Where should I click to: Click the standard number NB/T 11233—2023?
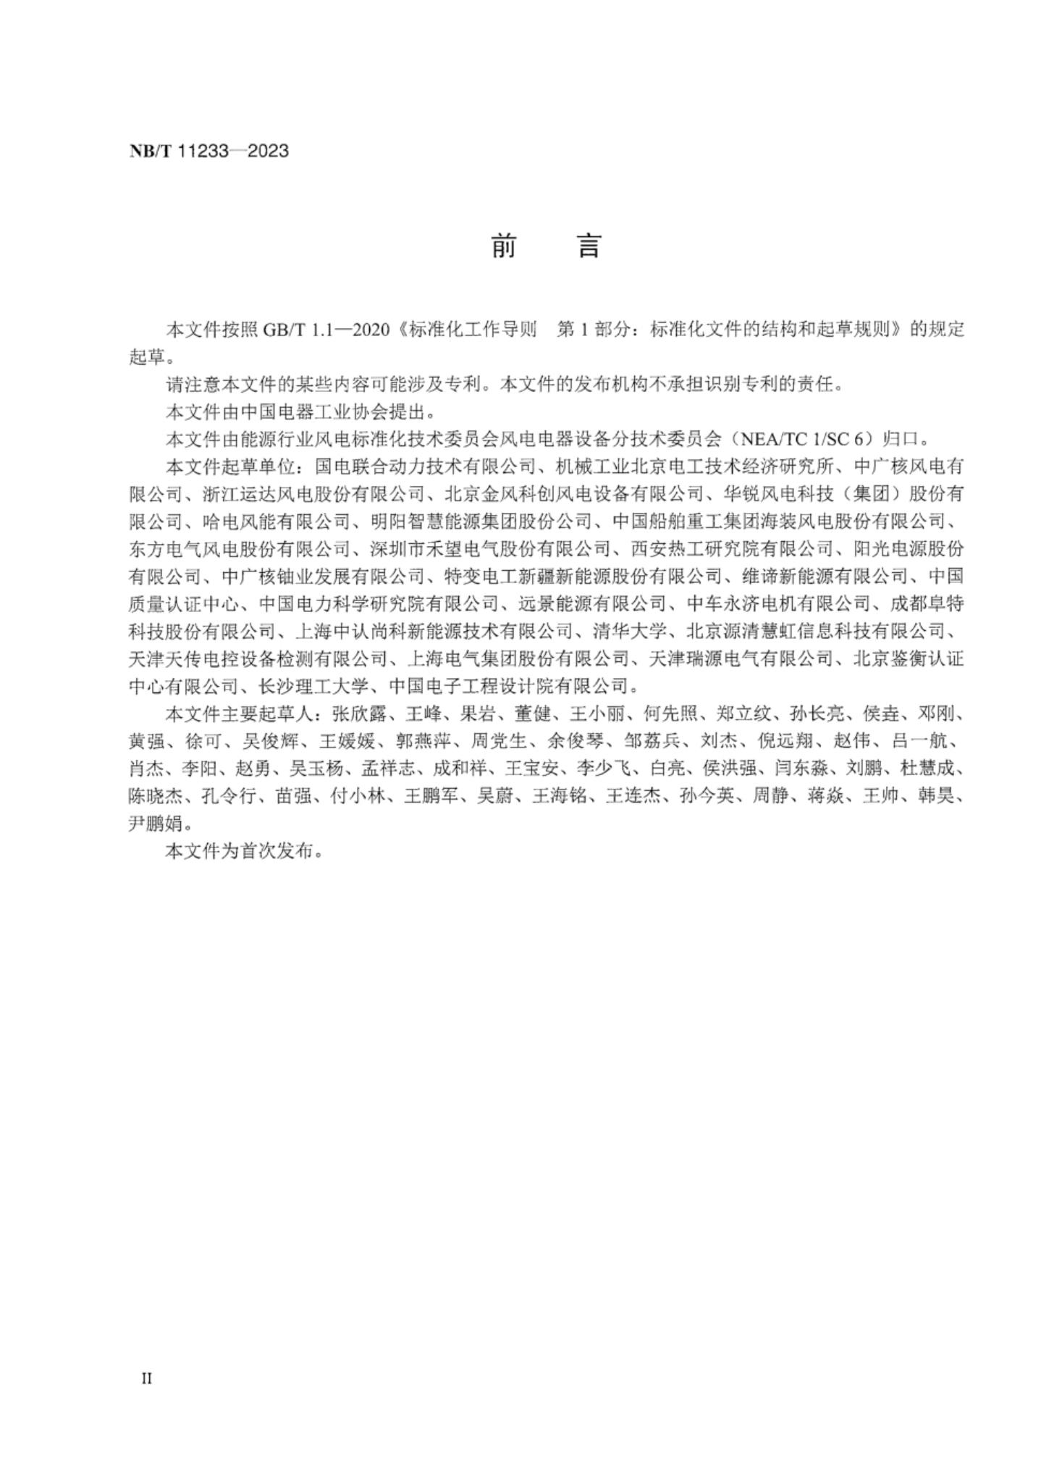pos(208,151)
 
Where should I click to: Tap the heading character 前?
pos(504,246)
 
